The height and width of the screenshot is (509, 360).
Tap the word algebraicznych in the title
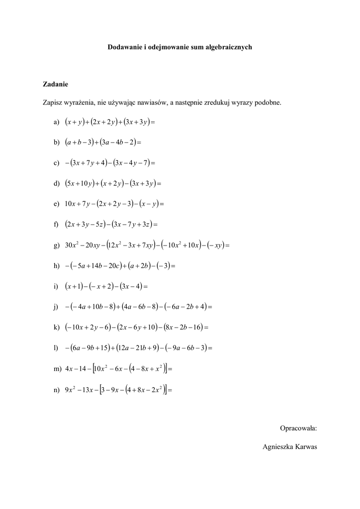(229, 47)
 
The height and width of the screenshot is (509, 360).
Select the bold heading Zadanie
(55, 84)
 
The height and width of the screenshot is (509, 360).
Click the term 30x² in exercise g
(73, 245)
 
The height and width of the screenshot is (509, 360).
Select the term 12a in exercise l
(123, 348)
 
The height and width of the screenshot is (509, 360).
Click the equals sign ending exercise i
(146, 286)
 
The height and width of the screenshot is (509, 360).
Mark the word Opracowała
(298, 427)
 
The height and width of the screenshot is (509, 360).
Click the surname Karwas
(305, 447)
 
